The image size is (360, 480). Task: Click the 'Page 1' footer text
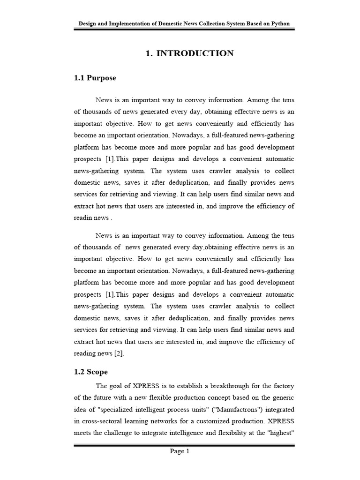(180, 451)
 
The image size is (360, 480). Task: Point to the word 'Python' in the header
(280, 23)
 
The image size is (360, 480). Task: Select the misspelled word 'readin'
(83, 217)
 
